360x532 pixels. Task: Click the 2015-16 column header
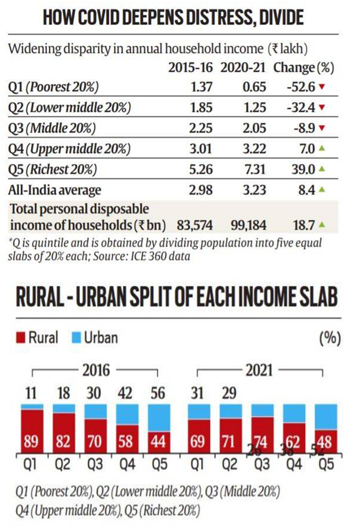pos(190,68)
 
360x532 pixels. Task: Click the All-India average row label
pos(55,190)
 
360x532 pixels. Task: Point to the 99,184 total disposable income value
pos(249,226)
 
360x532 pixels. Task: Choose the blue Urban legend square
pos(75,337)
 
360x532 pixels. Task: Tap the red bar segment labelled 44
pos(159,440)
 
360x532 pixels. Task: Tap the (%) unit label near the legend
pos(330,338)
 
